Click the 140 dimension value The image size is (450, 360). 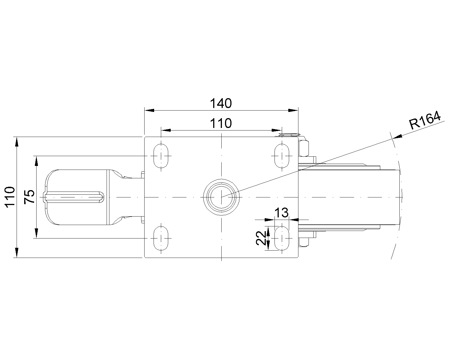pos(221,103)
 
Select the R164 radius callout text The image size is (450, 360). pos(425,121)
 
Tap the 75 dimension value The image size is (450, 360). pos(30,197)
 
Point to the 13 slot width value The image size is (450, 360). pos(281,213)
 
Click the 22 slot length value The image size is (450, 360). pos(261,238)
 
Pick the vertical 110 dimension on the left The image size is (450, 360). pos(10,197)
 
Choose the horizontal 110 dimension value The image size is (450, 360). pos(221,123)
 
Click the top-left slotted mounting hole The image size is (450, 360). pos(161,156)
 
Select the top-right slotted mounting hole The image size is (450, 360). pos(282,156)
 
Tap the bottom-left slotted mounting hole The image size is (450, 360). pos(161,238)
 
